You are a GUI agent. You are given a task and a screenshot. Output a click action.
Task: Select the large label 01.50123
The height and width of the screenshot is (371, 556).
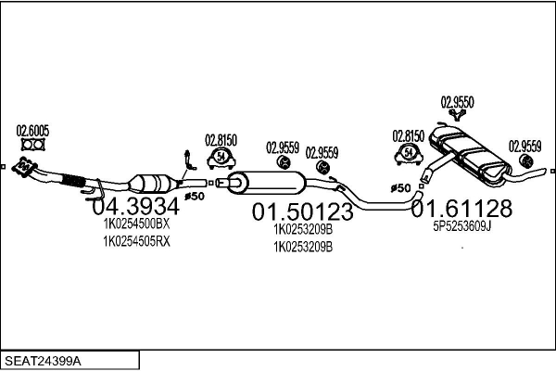(x=302, y=212)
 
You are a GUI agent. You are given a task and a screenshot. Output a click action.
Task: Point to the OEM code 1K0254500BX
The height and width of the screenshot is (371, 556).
(x=136, y=224)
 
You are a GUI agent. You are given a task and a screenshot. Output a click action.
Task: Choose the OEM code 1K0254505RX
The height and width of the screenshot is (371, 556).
(x=136, y=241)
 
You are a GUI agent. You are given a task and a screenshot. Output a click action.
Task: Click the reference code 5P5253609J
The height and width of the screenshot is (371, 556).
(x=461, y=224)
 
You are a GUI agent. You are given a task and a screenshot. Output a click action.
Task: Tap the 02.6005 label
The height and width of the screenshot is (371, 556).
(x=32, y=131)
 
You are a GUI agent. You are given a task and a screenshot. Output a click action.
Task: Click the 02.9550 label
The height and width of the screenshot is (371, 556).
(x=458, y=103)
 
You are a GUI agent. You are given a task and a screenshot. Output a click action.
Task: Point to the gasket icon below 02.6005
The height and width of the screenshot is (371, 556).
(x=32, y=146)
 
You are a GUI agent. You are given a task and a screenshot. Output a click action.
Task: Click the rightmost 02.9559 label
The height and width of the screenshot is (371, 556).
(x=525, y=145)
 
